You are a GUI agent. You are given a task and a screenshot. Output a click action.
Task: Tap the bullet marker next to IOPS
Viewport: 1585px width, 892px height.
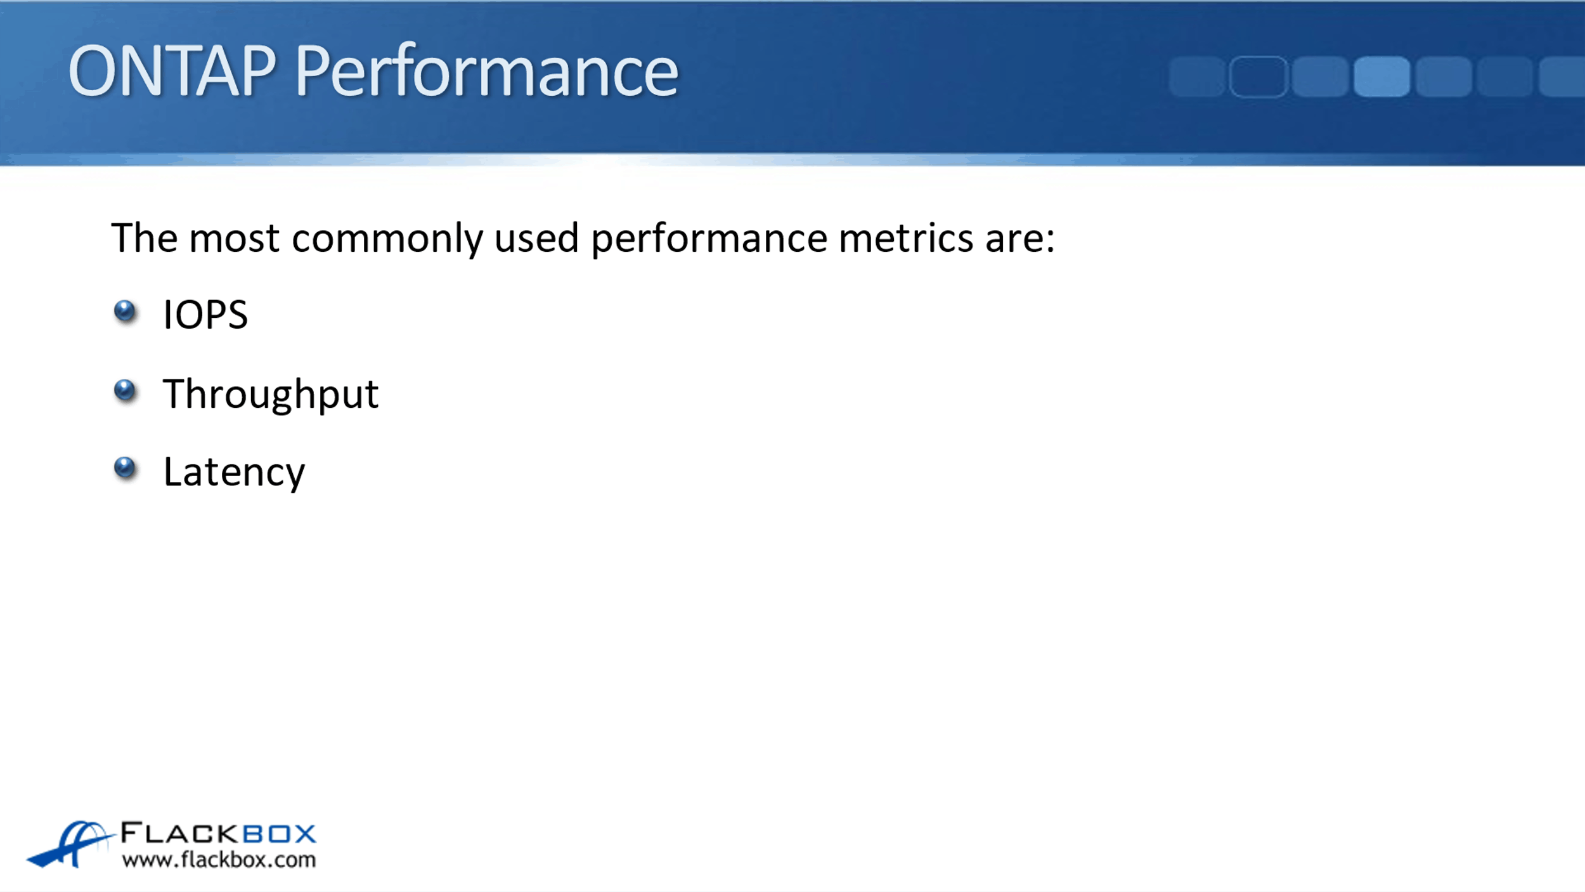[125, 312]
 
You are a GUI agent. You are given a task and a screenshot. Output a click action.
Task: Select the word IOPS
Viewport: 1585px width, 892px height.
[205, 315]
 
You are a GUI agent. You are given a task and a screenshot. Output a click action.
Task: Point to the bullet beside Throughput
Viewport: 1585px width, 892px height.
[125, 391]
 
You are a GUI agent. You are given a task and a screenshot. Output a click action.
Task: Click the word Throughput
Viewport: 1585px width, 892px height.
[271, 395]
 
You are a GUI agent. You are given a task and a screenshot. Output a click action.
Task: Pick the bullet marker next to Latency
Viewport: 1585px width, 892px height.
[125, 468]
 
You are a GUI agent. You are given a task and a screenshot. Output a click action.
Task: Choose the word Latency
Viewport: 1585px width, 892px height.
[234, 473]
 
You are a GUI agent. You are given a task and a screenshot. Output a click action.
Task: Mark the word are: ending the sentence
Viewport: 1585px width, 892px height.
[1020, 240]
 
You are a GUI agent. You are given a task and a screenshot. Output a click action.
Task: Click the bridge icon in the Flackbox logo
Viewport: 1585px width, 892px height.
[70, 844]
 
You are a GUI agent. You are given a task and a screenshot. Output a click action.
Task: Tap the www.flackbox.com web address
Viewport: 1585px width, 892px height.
[219, 860]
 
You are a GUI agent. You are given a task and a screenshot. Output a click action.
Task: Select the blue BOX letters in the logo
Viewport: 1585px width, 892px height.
[280, 834]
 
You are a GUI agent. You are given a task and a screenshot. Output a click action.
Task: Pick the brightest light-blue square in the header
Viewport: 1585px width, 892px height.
[1381, 76]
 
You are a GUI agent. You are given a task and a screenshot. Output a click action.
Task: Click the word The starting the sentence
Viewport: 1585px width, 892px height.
[145, 239]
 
